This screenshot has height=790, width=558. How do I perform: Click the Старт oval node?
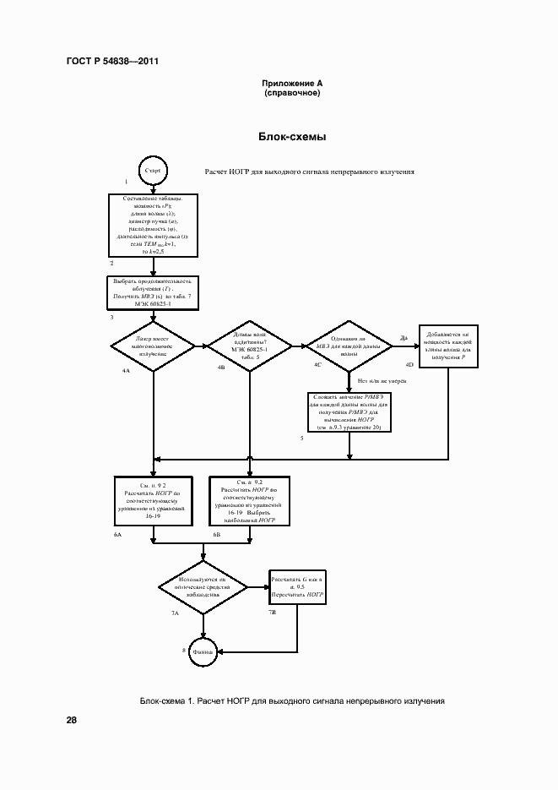[x=153, y=171]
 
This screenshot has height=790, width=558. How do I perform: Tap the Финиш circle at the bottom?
[x=203, y=651]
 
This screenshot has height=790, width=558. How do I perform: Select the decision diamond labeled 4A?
[x=153, y=346]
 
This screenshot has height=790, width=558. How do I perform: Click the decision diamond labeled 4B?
[x=249, y=346]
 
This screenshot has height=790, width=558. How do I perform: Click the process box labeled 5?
[x=349, y=411]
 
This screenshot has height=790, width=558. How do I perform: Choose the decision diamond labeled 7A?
[x=203, y=586]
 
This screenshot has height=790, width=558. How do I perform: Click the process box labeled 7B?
[x=297, y=586]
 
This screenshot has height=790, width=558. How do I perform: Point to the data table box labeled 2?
[x=153, y=224]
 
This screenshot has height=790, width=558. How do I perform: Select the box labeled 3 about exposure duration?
[x=153, y=292]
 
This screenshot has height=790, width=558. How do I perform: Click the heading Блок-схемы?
[x=292, y=136]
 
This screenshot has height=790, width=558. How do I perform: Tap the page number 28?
[x=72, y=720]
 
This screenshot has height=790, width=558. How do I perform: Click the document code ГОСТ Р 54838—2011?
[x=112, y=61]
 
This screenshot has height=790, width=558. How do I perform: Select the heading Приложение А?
[x=292, y=84]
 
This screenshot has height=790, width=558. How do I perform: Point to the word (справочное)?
[x=292, y=94]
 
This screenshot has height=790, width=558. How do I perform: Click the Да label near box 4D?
[x=404, y=338]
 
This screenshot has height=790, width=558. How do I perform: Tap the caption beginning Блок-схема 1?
[x=292, y=701]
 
